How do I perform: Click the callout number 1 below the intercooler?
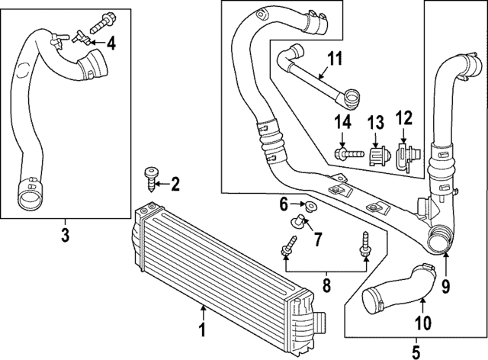[202, 331]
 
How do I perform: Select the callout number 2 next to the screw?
[175, 183]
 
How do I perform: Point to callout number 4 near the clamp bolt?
[111, 43]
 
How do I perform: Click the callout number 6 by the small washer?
[283, 204]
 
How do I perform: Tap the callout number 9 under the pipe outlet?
[446, 288]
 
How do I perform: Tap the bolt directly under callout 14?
[344, 154]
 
